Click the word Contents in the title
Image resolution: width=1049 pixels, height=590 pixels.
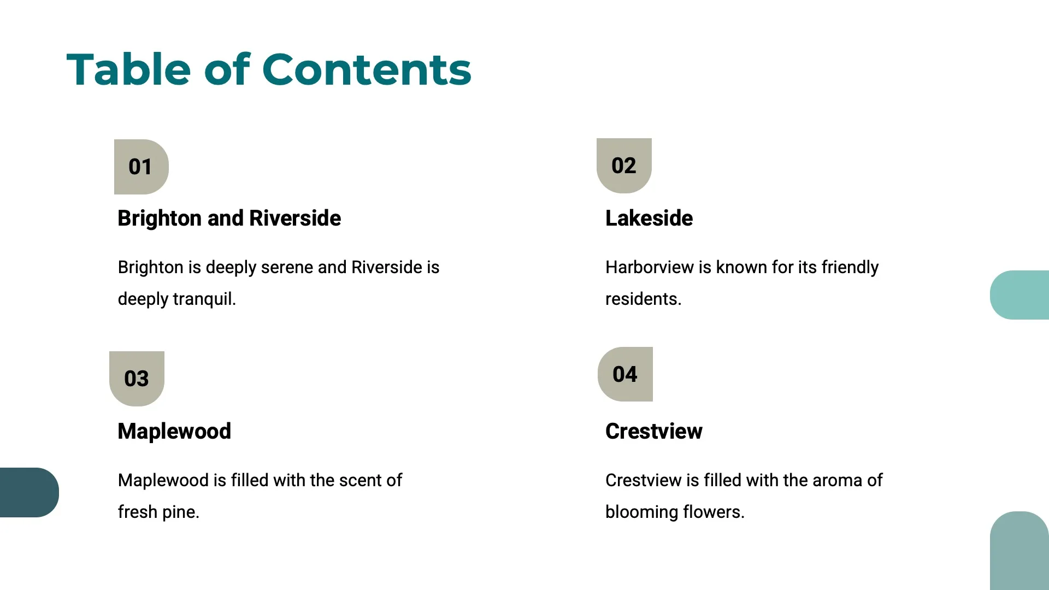coord(367,69)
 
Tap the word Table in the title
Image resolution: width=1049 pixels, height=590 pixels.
coord(128,69)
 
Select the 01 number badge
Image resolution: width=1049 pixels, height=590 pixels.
coord(142,167)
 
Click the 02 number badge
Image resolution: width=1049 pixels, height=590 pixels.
coord(624,166)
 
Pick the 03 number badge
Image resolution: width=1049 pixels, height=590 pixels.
coord(137,379)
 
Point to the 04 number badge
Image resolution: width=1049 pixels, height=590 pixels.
coord(625,374)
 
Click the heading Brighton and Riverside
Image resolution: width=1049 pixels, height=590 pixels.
coord(229,218)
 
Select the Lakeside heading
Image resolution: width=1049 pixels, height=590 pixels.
coord(649,218)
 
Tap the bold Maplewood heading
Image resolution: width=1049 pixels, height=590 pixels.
coord(174,431)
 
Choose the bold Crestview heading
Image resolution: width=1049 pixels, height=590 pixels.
coord(654,431)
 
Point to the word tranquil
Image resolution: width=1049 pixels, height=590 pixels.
coord(204,299)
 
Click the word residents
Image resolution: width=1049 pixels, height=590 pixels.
coord(644,299)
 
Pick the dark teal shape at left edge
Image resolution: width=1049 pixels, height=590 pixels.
coord(30,492)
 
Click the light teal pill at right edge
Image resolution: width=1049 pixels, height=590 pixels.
coord(1019,295)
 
